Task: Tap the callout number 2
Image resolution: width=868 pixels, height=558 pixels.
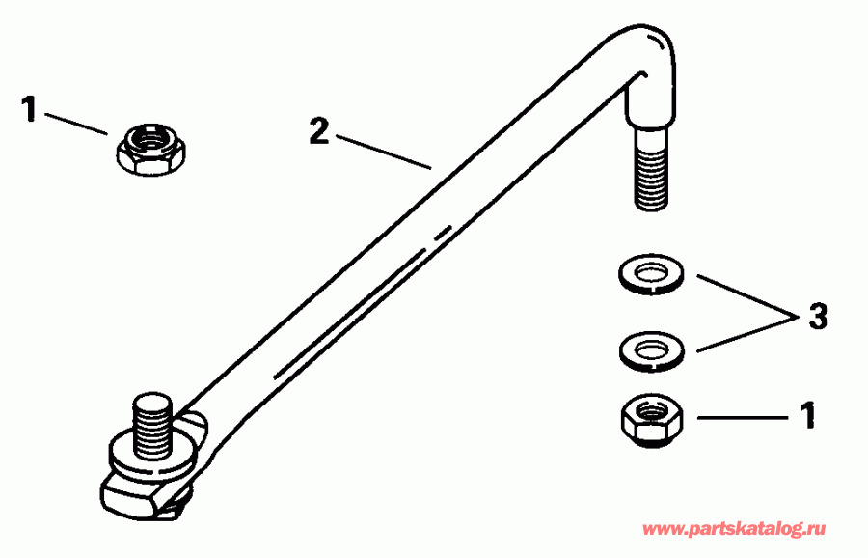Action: pyautogui.click(x=318, y=132)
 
